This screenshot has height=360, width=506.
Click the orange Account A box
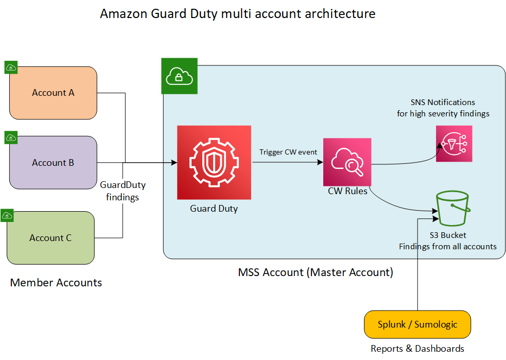click(53, 93)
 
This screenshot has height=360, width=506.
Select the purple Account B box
click(53, 162)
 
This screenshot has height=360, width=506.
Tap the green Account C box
click(50, 237)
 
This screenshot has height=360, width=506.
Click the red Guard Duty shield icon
click(214, 162)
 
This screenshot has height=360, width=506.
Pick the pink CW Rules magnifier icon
click(347, 162)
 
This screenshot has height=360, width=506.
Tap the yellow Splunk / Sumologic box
click(417, 324)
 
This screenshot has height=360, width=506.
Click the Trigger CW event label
click(288, 152)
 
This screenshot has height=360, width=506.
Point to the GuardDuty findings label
click(123, 191)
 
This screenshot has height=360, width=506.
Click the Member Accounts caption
click(56, 282)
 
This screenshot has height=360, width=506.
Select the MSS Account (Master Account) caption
click(316, 272)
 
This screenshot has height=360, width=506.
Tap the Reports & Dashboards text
click(417, 349)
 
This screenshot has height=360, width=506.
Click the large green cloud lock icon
click(179, 76)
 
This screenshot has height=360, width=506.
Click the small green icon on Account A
click(11, 67)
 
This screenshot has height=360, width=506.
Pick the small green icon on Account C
click(7, 215)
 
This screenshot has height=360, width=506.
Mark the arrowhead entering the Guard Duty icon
click(174, 163)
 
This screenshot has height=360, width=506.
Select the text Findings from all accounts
click(448, 246)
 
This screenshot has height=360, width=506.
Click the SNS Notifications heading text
click(443, 102)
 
